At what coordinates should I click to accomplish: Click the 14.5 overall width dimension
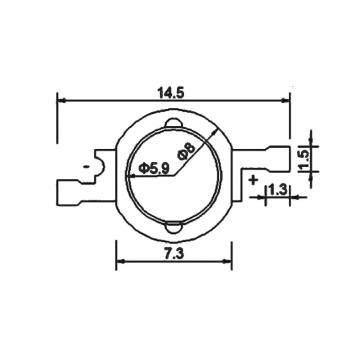point(171,92)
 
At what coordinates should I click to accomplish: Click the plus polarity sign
point(253,180)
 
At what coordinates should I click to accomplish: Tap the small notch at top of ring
point(173,123)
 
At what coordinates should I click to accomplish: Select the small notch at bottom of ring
point(173,227)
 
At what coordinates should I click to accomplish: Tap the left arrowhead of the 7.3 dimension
point(120,261)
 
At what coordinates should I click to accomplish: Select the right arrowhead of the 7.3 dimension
point(227,261)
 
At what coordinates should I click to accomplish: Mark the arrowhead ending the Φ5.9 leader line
point(130,175)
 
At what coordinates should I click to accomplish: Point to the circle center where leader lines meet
point(173,175)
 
